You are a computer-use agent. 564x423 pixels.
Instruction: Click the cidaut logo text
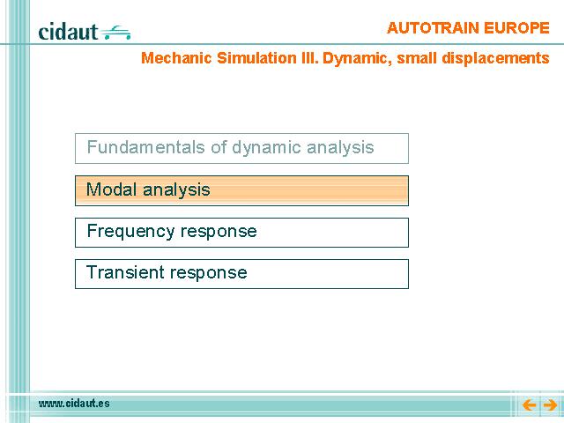(68, 32)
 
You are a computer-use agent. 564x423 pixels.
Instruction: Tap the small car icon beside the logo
(115, 33)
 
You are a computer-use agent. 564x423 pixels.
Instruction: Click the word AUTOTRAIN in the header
(433, 28)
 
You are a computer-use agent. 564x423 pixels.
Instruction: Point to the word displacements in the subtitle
(495, 58)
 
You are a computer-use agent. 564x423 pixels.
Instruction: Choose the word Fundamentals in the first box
(146, 147)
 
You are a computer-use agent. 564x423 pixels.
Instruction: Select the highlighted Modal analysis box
(241, 190)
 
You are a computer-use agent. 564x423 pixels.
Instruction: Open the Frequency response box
(241, 233)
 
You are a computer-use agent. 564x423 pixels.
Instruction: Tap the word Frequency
(131, 232)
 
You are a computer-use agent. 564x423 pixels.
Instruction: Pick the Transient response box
(241, 274)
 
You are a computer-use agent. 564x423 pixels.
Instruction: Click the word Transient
(124, 272)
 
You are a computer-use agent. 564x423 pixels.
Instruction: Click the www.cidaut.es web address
(74, 404)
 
